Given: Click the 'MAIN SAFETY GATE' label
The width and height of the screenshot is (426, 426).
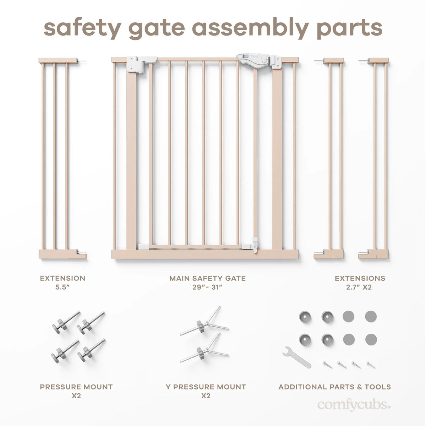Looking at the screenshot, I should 207,278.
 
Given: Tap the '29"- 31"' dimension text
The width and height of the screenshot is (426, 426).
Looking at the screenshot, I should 207,287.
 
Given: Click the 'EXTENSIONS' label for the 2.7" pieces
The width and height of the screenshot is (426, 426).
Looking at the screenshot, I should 360,278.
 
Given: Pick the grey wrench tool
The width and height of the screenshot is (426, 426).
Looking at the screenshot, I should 296,357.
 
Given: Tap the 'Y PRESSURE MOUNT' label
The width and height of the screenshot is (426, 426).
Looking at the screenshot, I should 206,387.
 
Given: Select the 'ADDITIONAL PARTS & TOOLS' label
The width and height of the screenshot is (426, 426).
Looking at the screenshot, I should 334,387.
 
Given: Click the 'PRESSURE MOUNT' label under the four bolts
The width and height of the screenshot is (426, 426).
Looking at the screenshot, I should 76,387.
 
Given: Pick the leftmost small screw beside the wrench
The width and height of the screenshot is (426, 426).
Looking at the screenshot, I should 327,364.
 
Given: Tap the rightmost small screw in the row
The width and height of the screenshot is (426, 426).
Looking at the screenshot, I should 371,364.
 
